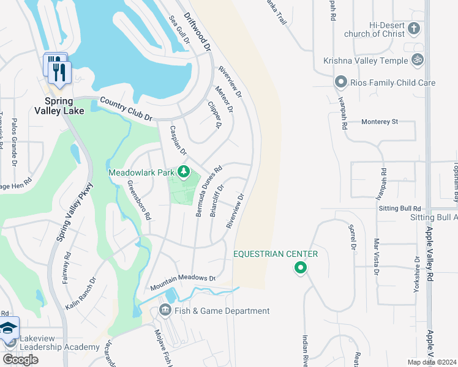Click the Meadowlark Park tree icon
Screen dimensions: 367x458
tap(182, 171)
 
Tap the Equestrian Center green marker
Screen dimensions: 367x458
tap(300, 267)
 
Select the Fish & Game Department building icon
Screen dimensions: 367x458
tap(165, 311)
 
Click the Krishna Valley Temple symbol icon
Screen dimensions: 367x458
tap(419, 61)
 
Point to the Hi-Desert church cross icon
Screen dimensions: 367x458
tap(414, 29)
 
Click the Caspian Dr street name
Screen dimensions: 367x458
tap(178, 140)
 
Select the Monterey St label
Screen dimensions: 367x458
tap(380, 122)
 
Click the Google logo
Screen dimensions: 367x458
tap(20, 359)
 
